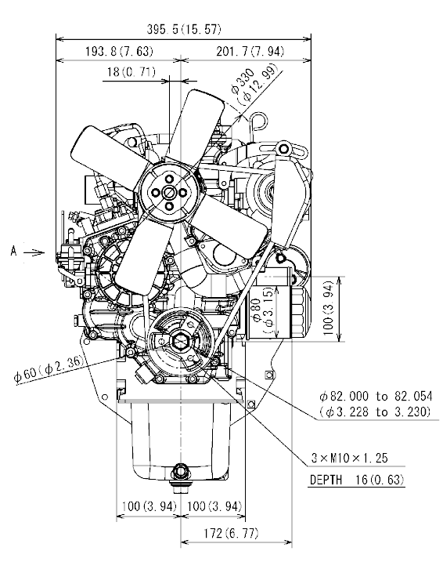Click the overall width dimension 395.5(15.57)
[x=184, y=30]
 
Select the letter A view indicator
[x=13, y=252]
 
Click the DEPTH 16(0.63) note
[x=361, y=478]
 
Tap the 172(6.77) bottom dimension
[x=232, y=533]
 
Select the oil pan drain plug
[x=182, y=470]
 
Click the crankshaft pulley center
[x=181, y=339]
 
